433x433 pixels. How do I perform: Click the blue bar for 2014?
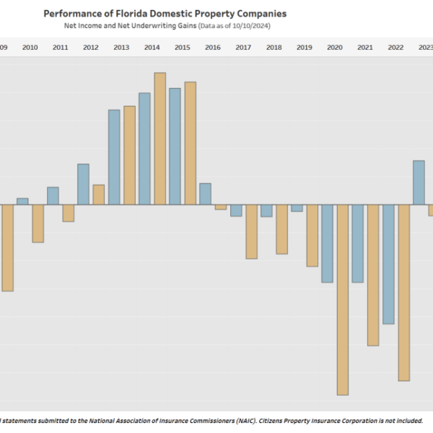[x=144, y=149]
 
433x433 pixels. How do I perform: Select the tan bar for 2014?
[x=159, y=139]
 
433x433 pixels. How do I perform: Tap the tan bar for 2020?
[x=342, y=299]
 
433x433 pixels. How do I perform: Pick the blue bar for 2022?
[x=388, y=264]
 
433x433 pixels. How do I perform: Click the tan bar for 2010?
[x=38, y=223]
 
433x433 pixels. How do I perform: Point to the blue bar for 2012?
[x=83, y=184]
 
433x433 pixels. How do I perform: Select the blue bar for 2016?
[x=206, y=193]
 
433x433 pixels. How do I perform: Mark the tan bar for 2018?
[x=281, y=229]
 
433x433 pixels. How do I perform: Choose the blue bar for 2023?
[x=419, y=183]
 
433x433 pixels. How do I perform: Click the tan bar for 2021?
[x=373, y=275]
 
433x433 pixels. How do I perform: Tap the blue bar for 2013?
[x=114, y=157]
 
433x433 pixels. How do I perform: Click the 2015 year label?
[x=183, y=48]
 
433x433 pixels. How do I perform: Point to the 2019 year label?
[x=305, y=48]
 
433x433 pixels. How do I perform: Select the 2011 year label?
[x=61, y=48]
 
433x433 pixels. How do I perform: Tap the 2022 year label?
[x=396, y=48]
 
